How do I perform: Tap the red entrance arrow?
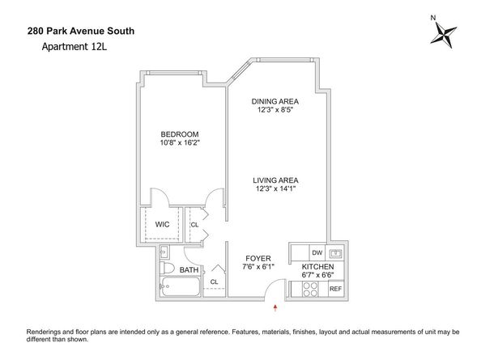276,307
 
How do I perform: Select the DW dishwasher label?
317,253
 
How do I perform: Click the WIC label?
162,224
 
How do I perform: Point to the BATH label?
189,270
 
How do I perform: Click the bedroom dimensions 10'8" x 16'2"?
180,143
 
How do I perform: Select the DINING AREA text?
275,101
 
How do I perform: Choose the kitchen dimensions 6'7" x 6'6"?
318,276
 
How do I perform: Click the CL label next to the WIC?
194,224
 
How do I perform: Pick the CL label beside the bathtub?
214,282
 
